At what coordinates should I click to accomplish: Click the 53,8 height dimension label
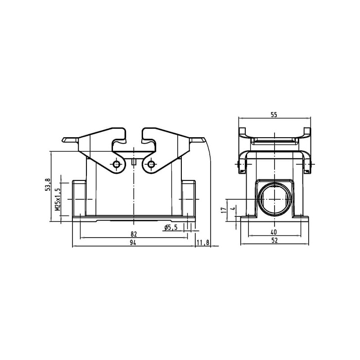48,184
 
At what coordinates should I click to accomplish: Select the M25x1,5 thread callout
58,199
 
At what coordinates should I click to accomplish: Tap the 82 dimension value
134,234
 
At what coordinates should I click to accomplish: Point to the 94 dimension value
133,243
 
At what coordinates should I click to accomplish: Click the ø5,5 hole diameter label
171,228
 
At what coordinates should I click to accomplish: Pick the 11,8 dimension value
203,243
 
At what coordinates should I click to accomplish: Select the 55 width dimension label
274,115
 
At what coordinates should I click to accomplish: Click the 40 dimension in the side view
274,232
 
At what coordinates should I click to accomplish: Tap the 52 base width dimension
274,240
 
